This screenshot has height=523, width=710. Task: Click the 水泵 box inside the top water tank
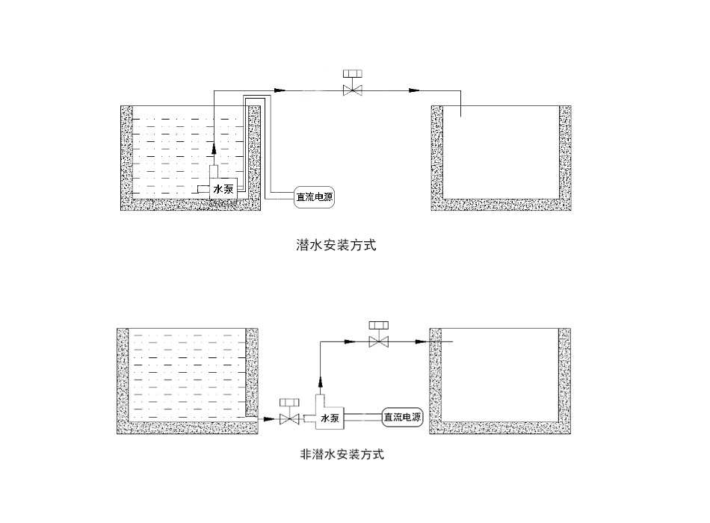tap(223, 190)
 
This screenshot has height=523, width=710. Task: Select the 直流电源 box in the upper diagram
tap(314, 198)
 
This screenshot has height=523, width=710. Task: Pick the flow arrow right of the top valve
tap(412, 90)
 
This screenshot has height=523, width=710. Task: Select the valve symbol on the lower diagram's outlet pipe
tap(380, 341)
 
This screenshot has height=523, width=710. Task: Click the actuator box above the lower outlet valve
tap(380, 325)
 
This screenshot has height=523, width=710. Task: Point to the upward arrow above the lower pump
tap(320, 380)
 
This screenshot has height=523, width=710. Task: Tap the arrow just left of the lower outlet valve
tap(349, 341)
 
